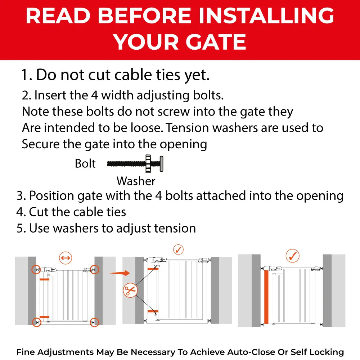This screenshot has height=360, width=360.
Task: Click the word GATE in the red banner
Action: [216, 42]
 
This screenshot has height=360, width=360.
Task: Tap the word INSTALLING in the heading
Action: [266, 15]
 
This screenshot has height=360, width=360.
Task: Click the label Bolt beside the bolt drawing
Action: [85, 164]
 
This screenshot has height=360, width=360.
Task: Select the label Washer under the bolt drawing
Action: [136, 181]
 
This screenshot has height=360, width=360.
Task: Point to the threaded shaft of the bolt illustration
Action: [126, 164]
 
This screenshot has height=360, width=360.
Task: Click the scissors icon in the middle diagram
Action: [130, 290]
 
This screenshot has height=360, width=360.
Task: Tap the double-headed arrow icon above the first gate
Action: [66, 258]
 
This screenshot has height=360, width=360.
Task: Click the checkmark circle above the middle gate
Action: [179, 249]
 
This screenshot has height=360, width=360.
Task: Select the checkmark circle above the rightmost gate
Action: [292, 256]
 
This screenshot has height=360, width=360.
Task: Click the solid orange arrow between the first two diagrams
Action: [120, 273]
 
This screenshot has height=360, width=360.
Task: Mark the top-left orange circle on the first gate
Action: [36, 269]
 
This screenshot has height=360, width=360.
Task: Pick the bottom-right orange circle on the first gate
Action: [94, 322]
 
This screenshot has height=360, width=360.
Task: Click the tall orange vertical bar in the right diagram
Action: [266, 297]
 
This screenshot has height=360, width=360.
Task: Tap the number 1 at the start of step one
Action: [25, 75]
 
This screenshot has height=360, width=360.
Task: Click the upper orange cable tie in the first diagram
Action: [44, 279]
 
